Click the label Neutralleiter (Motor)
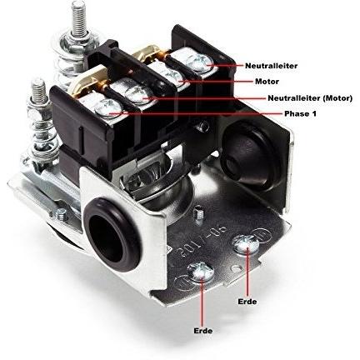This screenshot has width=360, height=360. (x=310, y=98)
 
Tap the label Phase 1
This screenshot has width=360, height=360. (x=300, y=114)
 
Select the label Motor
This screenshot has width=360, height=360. (x=267, y=82)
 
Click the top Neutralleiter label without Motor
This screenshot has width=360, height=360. (x=271, y=66)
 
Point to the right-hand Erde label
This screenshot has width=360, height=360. (x=247, y=302)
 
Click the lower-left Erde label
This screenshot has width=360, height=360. (x=203, y=331)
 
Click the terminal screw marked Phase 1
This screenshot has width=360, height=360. (x=107, y=107)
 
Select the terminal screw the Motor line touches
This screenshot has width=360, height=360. (x=173, y=76)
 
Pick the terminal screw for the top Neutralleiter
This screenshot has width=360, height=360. (x=201, y=62)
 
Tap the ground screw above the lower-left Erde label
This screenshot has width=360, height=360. (x=201, y=271)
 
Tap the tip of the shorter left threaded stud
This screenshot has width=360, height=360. (x=38, y=82)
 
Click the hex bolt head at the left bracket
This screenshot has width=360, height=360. (x=61, y=214)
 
